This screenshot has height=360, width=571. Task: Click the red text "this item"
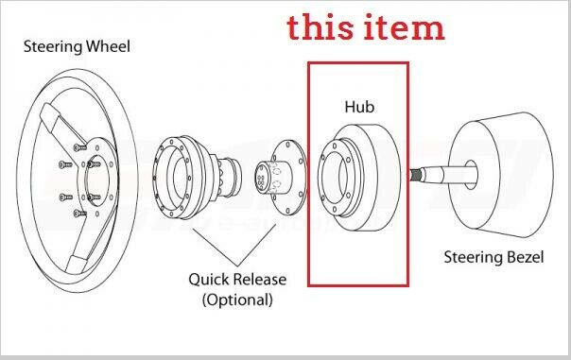point(366,27)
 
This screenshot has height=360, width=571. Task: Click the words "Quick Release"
point(237,280)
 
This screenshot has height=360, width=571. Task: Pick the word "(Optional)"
point(237,300)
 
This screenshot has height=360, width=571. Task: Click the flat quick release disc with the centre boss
point(284,175)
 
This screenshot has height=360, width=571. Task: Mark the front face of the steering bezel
point(467,176)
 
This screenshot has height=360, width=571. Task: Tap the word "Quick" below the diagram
point(208,280)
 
